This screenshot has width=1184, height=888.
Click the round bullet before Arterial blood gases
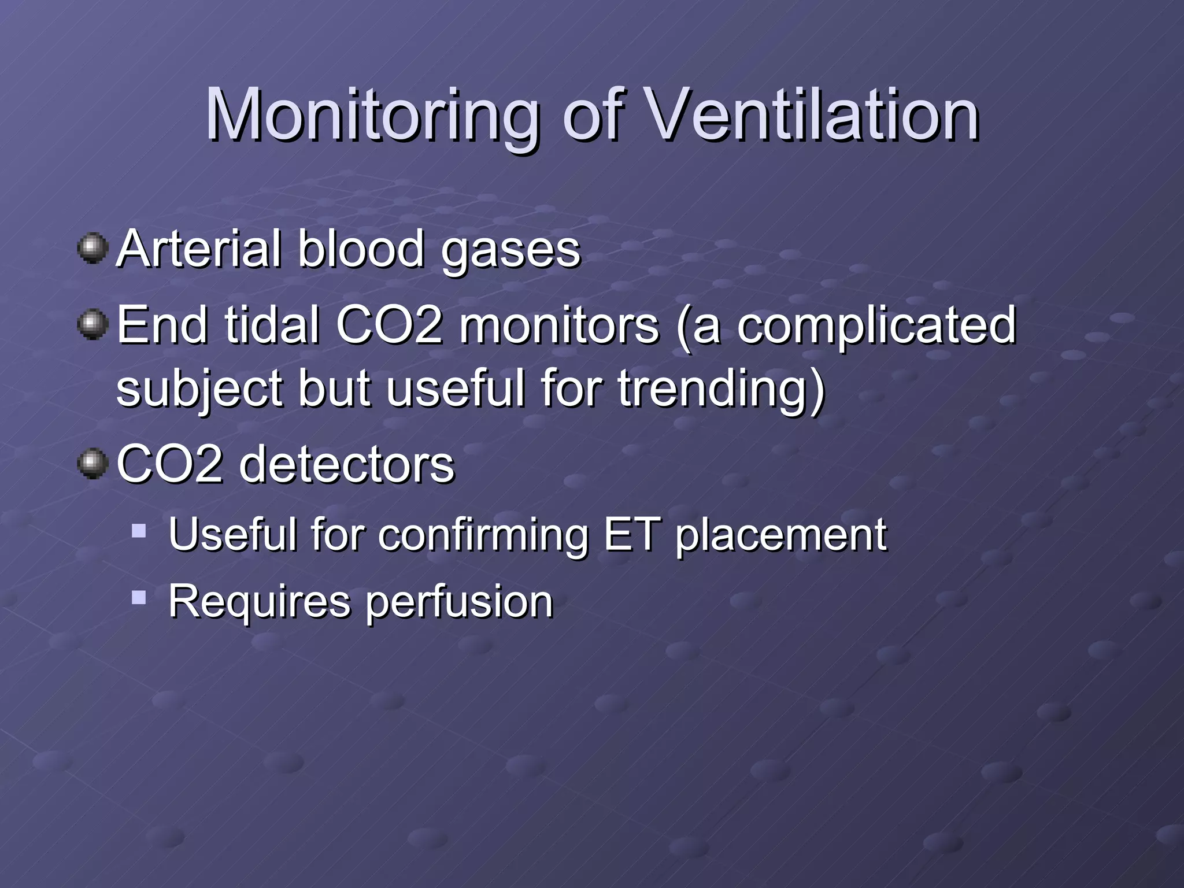coord(92,249)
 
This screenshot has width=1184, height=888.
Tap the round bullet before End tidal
coord(92,324)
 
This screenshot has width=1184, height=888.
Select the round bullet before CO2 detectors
coord(92,464)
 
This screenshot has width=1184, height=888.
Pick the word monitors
coord(558,324)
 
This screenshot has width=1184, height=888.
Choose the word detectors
coord(346,464)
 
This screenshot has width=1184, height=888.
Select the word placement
coord(781,535)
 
